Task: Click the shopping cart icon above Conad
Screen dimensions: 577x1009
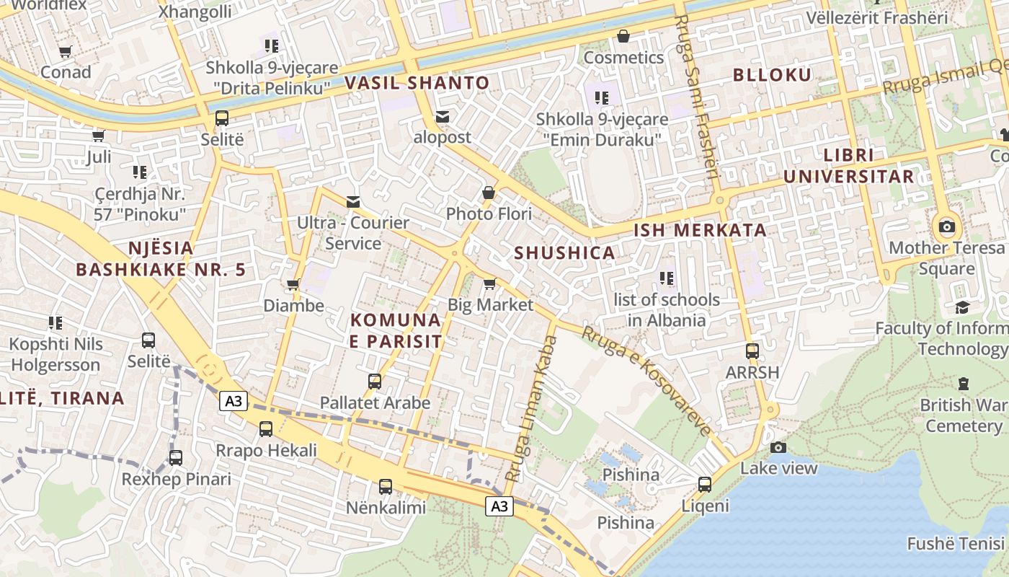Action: click(x=66, y=51)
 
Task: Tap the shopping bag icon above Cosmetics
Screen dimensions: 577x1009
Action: click(x=623, y=36)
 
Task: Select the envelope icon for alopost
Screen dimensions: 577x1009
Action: click(x=442, y=116)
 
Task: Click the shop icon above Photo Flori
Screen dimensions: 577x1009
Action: click(x=489, y=193)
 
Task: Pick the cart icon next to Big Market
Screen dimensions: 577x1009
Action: click(x=490, y=283)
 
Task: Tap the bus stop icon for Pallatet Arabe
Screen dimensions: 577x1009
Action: click(x=375, y=382)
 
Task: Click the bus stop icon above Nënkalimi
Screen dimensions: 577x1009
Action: click(x=386, y=487)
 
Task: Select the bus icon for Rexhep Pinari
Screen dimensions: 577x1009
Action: click(x=176, y=458)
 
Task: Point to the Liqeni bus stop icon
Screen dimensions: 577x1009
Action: click(x=705, y=485)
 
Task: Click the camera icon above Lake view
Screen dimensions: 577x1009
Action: click(x=778, y=447)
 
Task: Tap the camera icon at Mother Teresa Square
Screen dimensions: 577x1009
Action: click(x=947, y=227)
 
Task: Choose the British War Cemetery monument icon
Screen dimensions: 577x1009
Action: click(x=964, y=384)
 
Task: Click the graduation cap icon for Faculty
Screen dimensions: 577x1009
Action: click(x=962, y=308)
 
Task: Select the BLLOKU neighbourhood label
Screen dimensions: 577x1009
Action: click(x=772, y=74)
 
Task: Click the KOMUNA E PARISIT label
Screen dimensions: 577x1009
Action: click(x=396, y=330)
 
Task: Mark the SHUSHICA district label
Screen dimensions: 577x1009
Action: click(x=565, y=252)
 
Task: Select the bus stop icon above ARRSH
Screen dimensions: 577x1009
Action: click(x=752, y=351)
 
